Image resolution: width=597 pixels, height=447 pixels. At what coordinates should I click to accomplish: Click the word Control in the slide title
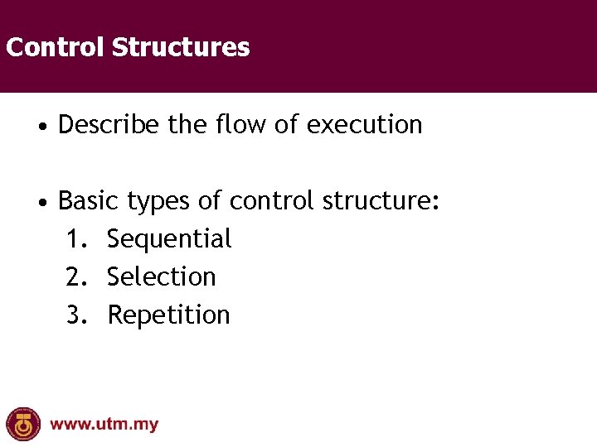[56, 47]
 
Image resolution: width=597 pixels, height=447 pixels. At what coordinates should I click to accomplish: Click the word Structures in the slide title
[180, 47]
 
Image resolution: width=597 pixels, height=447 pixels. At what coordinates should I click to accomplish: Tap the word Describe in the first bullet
[109, 125]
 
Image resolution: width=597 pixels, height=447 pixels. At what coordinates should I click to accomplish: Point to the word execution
[365, 125]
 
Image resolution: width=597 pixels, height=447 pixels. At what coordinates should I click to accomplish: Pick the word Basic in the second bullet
[89, 201]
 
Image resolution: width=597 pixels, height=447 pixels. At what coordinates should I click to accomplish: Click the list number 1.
[76, 239]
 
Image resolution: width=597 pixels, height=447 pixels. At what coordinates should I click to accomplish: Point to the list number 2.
[76, 277]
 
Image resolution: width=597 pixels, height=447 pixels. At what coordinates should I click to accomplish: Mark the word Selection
[162, 277]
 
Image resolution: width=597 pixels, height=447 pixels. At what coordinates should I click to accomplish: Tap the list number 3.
[76, 315]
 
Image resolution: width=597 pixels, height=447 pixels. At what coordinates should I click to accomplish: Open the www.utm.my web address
[104, 425]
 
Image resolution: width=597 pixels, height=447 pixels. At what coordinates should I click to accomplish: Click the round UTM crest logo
[23, 424]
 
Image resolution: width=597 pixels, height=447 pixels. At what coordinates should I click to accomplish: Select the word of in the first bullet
[286, 125]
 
